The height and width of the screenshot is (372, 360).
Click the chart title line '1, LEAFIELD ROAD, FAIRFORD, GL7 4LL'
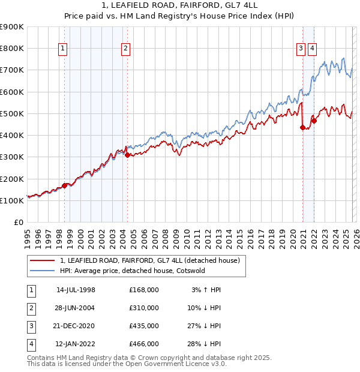click(179, 5)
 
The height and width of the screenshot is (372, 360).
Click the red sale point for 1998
click(64, 185)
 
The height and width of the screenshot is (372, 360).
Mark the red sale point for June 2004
click(127, 155)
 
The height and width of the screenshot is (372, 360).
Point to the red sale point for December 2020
click(302, 127)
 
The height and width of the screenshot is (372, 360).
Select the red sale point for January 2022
click(314, 121)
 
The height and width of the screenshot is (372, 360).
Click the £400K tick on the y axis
click(12, 135)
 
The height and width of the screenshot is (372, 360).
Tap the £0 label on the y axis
click(18, 222)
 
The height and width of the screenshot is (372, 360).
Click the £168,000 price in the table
click(143, 290)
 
